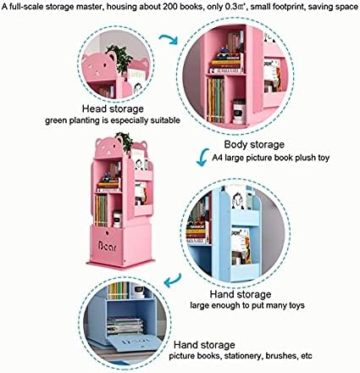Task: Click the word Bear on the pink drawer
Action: pyautogui.click(x=108, y=246)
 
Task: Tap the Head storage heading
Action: pyautogui.click(x=113, y=109)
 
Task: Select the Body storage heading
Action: pyautogui.click(x=254, y=144)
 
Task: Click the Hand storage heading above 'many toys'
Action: pyautogui.click(x=241, y=294)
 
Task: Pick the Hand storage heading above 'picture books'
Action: pyautogui.click(x=204, y=345)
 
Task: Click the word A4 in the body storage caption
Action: pyautogui.click(x=217, y=158)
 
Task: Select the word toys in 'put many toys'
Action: pyautogui.click(x=296, y=305)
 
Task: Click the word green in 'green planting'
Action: pyautogui.click(x=55, y=120)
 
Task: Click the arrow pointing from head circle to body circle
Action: pyautogui.click(x=169, y=39)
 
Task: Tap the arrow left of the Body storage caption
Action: pyautogui.click(x=202, y=157)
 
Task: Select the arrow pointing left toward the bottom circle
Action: pyautogui.click(x=173, y=280)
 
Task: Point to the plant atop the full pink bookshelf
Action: pyautogui.click(x=125, y=142)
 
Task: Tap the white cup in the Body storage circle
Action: pyautogui.click(x=239, y=111)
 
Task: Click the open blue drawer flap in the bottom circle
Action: pyautogui.click(x=135, y=342)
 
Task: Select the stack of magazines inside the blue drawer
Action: pyautogui.click(x=125, y=326)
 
